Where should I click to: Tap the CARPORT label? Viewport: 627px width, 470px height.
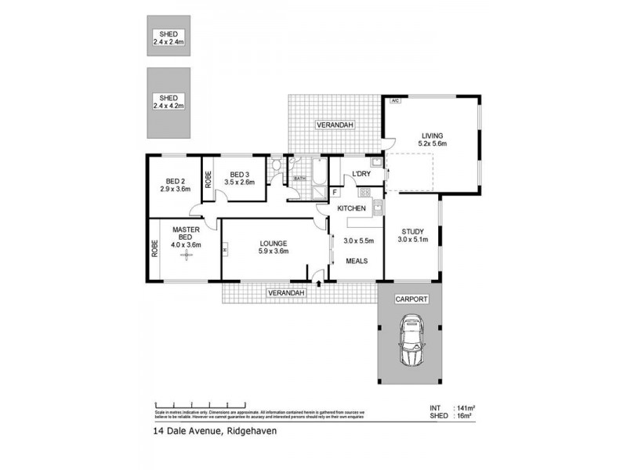(x=411, y=298)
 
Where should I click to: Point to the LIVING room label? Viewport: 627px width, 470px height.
(x=432, y=135)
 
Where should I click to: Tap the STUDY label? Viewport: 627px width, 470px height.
(x=412, y=231)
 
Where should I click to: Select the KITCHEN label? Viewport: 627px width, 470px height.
(x=352, y=208)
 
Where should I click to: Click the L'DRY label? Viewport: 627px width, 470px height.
(x=361, y=173)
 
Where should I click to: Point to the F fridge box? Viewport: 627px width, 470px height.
(x=335, y=192)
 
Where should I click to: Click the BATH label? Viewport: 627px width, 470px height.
(x=299, y=179)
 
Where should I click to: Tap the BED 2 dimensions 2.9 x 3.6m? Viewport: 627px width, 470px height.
(x=176, y=189)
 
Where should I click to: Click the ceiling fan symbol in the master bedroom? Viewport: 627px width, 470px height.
(x=187, y=255)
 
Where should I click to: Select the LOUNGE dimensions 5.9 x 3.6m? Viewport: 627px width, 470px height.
(x=274, y=251)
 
